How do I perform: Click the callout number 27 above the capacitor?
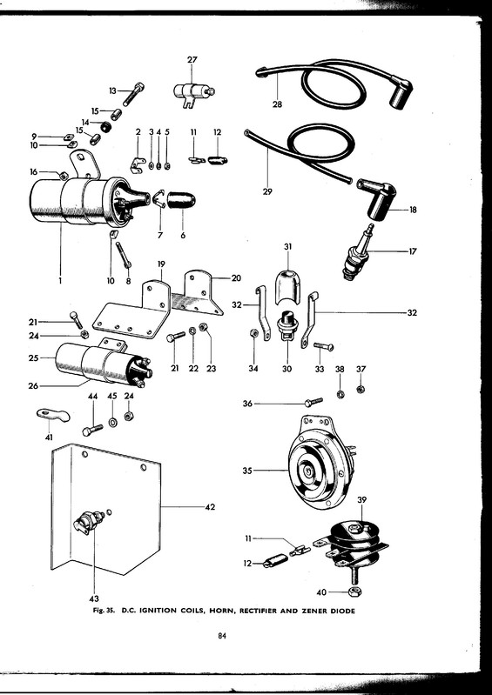tap(192, 60)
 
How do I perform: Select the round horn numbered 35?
tap(320, 462)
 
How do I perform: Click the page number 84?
tap(222, 636)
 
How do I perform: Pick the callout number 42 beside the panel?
tap(210, 507)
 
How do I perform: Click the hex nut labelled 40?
tap(354, 591)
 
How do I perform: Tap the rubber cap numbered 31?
tap(287, 286)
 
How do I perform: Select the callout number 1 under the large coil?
tap(60, 280)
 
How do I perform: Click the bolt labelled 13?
tap(133, 94)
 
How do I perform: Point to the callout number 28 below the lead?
tap(277, 104)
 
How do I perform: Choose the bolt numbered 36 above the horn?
tap(313, 402)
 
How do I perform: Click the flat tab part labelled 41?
tap(53, 415)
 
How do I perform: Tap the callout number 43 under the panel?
tap(94, 598)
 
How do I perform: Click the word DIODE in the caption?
tap(342, 611)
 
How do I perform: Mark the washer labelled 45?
tap(112, 422)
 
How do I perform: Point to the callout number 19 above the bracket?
tap(161, 264)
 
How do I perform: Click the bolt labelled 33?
tap(323, 346)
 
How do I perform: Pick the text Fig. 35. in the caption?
tap(104, 611)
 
